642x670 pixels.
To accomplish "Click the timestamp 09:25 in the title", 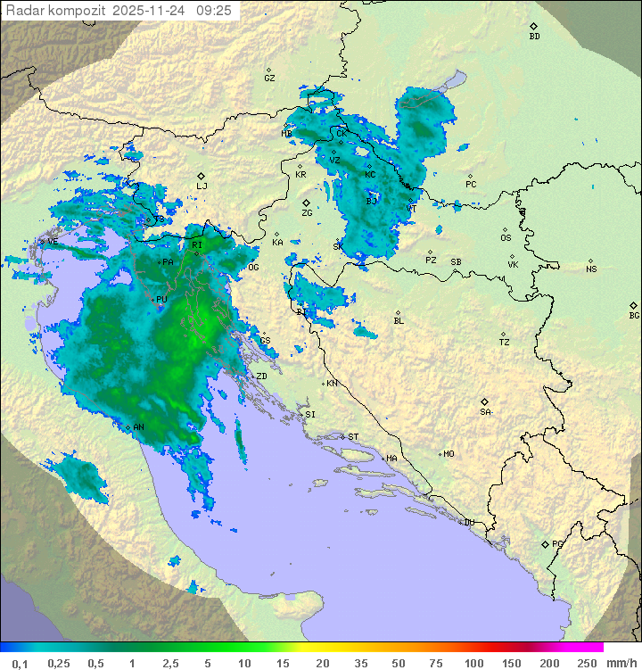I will tap(214, 11).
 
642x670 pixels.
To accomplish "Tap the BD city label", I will tap(534, 37).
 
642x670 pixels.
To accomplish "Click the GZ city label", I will tap(269, 78).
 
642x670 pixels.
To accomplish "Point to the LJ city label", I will tap(202, 186).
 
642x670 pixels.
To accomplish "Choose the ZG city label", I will tap(307, 213).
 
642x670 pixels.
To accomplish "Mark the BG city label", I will tap(634, 315).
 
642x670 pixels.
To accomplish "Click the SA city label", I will tap(485, 412).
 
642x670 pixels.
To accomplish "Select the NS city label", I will tap(591, 269).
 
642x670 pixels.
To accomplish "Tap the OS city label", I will tap(506, 238).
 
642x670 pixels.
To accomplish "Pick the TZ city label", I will tap(505, 342).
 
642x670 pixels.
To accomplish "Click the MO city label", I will tap(449, 454).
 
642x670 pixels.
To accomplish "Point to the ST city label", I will tap(353, 436).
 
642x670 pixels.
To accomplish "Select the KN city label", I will tap(332, 384).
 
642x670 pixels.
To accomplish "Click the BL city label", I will tap(399, 320).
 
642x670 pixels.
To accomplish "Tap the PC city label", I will tap(471, 185).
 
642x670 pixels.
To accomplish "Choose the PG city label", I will tap(557, 543).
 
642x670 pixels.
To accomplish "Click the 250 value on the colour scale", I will tap(587, 663).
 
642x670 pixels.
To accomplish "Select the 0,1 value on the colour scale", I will tap(20, 663).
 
